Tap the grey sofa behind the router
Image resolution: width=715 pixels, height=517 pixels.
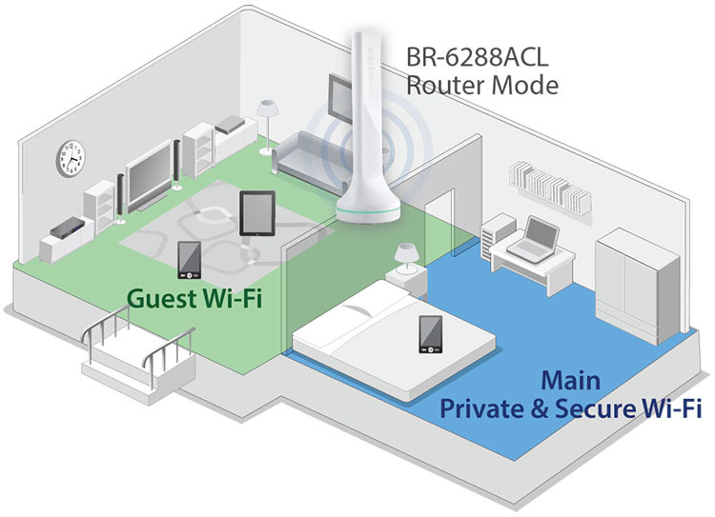(x=305, y=152)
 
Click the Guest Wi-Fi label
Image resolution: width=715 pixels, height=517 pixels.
(x=196, y=301)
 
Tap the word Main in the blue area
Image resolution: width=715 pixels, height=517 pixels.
(x=570, y=382)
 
